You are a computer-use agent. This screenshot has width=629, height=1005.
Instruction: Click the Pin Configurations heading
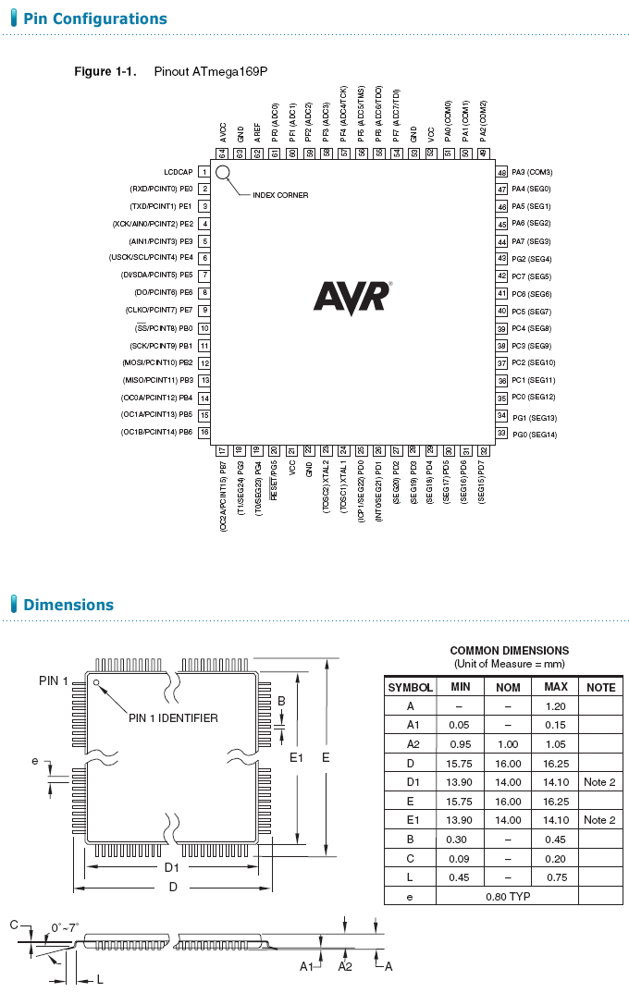tap(95, 18)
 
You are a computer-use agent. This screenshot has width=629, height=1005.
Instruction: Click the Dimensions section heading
tap(68, 605)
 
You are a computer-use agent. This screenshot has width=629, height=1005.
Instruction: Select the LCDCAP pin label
tap(178, 172)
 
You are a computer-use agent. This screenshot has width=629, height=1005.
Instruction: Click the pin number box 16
tap(204, 432)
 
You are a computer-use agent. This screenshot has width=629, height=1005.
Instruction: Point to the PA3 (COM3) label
tap(532, 172)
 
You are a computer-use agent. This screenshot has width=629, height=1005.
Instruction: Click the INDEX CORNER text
tap(280, 195)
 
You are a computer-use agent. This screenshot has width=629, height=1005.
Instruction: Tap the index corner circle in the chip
tap(223, 172)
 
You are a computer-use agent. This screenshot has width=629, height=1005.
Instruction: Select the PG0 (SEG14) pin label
tap(534, 434)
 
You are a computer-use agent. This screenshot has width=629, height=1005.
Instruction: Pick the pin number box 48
tap(502, 172)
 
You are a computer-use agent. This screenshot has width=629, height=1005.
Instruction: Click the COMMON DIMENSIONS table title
tap(509, 651)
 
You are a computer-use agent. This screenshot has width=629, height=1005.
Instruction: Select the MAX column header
tap(556, 687)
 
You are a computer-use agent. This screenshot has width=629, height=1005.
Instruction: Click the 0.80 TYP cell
tap(508, 897)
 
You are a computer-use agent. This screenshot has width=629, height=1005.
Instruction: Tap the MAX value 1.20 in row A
tap(556, 705)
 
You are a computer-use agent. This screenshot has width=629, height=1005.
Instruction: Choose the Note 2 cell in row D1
tap(599, 782)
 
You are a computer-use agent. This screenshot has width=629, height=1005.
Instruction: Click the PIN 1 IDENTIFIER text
tap(173, 717)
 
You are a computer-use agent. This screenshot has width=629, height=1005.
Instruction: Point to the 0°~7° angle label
tap(66, 926)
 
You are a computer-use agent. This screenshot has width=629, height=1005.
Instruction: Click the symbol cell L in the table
tap(410, 877)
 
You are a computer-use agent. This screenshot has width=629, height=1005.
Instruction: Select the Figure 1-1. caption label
tap(105, 71)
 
